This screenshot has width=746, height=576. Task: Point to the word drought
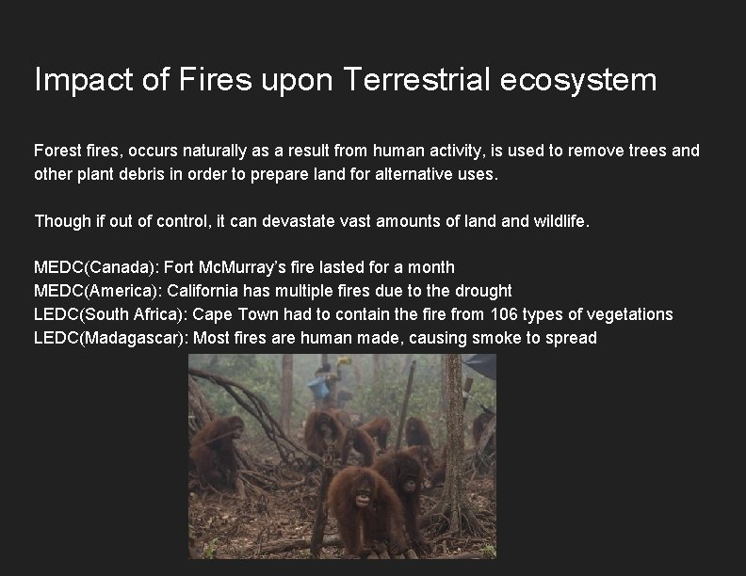click(x=481, y=291)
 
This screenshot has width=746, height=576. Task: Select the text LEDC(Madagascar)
click(x=109, y=338)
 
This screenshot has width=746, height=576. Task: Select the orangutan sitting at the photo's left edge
click(x=215, y=452)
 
